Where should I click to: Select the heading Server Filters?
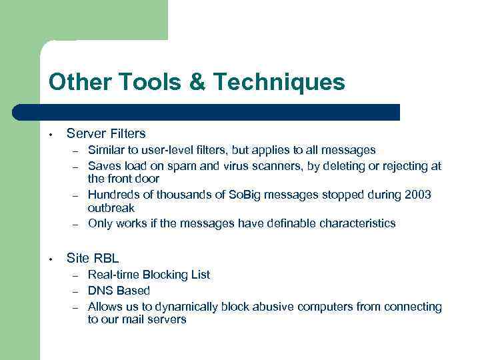106,133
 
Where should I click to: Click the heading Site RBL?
93,257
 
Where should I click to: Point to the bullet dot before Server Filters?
51,133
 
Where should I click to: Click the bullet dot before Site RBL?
51,258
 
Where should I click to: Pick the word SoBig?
246,195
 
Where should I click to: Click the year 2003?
417,195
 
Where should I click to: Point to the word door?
146,179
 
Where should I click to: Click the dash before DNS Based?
77,291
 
